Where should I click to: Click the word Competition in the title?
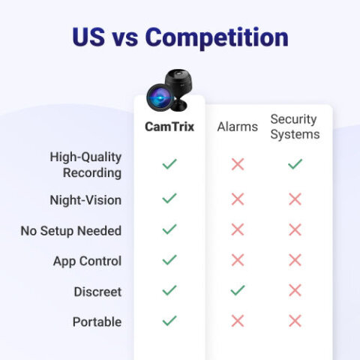(217, 37)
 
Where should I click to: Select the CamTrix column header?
(169, 127)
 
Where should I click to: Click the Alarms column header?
(238, 127)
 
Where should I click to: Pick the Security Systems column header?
(295, 127)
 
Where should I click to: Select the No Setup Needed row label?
(71, 230)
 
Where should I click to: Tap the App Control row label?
(87, 261)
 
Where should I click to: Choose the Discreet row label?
(97, 291)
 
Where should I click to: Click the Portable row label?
(97, 322)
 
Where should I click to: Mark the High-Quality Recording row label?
(85, 165)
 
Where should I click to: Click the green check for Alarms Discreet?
(238, 290)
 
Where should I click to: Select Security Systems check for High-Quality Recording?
(295, 163)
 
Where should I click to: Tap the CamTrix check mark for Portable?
(169, 320)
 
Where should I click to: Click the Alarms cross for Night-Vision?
(238, 199)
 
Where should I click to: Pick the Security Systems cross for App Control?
(295, 260)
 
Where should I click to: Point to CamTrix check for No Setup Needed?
(169, 229)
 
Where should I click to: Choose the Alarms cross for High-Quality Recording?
(238, 164)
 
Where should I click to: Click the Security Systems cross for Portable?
(295, 321)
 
